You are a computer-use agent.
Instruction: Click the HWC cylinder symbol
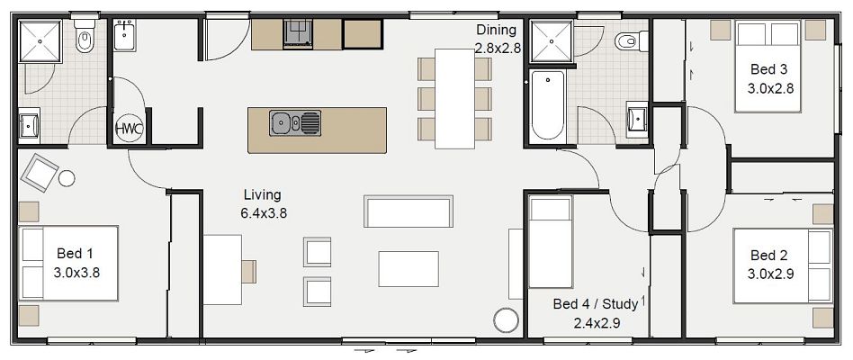(x=129, y=129)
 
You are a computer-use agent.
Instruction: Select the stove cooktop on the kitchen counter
(x=298, y=34)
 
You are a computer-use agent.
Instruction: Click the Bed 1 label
(x=75, y=262)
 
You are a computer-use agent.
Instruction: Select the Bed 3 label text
(x=769, y=79)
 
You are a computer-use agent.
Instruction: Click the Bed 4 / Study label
(x=596, y=311)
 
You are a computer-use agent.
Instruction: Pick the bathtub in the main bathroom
(x=546, y=105)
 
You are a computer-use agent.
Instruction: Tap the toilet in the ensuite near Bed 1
(x=85, y=40)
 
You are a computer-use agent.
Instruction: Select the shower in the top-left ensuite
(x=42, y=41)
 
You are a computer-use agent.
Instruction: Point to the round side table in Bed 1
(x=67, y=178)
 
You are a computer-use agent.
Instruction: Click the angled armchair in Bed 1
(x=40, y=171)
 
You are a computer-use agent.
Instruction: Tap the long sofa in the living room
(x=409, y=211)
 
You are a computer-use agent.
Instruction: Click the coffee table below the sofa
(x=409, y=268)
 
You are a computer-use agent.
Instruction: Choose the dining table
(x=454, y=97)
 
